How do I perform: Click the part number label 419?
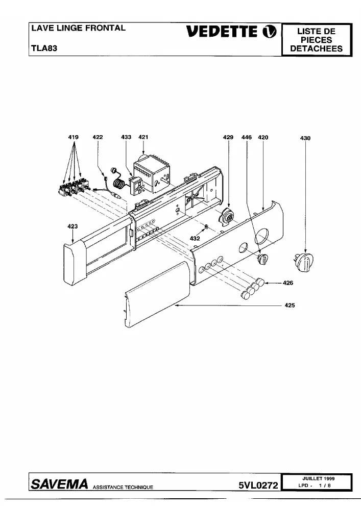pyautogui.click(x=73, y=137)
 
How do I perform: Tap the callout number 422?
pyautogui.click(x=98, y=137)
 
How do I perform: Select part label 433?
pyautogui.click(x=126, y=137)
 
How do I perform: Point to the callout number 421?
pyautogui.click(x=143, y=137)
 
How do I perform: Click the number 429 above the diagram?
pyautogui.click(x=228, y=138)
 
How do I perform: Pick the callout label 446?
pyautogui.click(x=247, y=138)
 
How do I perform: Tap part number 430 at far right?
pyautogui.click(x=305, y=138)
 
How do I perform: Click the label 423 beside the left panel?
pyautogui.click(x=73, y=226)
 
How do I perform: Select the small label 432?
pyautogui.click(x=195, y=238)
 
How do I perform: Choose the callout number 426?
pyautogui.click(x=288, y=283)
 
